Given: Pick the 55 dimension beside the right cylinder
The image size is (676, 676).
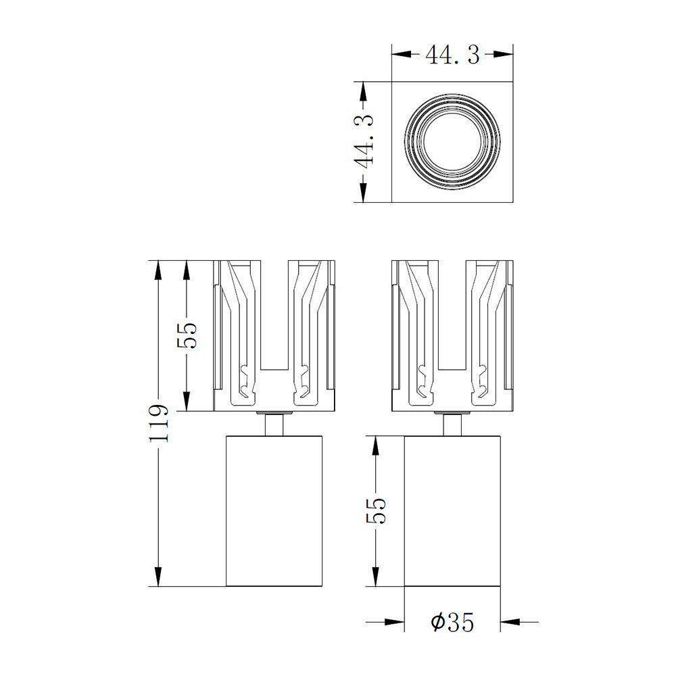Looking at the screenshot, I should click(x=376, y=511).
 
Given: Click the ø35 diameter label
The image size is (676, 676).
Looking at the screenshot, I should click(x=452, y=621).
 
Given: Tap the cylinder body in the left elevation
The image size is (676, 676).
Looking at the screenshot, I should click(x=274, y=510).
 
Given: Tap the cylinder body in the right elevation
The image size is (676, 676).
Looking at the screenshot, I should click(x=452, y=510).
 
